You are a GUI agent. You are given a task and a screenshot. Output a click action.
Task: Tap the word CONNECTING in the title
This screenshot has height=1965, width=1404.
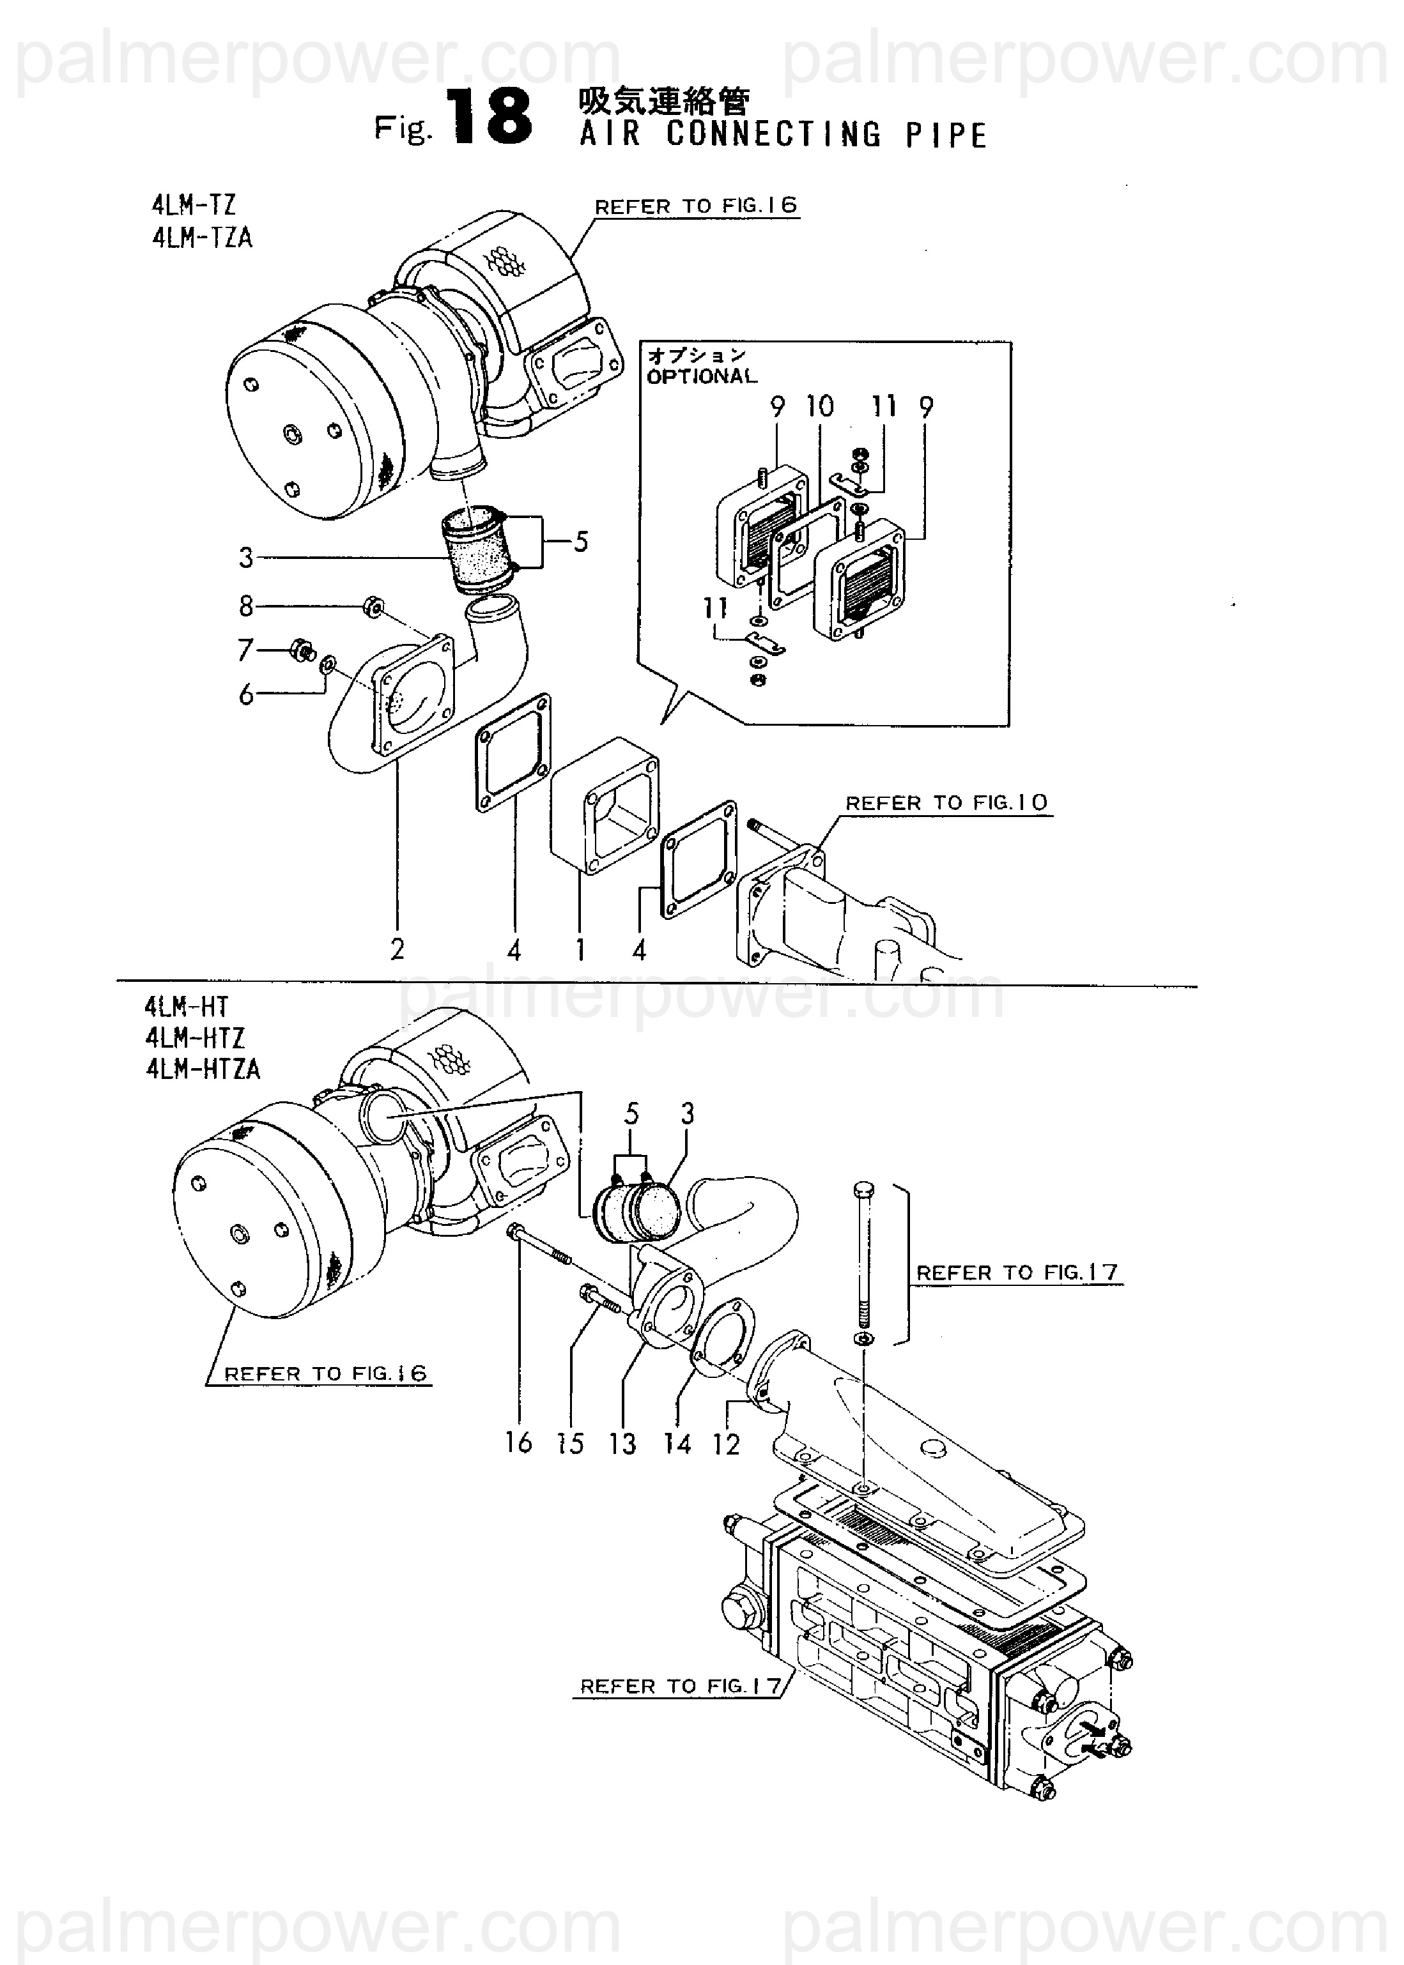tap(773, 135)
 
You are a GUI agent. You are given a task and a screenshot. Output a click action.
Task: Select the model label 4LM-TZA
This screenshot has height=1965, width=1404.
tap(203, 237)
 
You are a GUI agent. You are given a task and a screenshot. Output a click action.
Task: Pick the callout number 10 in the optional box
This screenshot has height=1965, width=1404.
tap(819, 406)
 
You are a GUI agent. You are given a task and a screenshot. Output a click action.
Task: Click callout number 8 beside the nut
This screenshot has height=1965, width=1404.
tap(247, 607)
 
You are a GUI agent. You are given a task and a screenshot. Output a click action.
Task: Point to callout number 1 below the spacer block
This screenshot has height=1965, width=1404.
tap(580, 950)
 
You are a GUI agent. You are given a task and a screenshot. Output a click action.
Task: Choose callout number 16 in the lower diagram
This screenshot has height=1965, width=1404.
tap(519, 1442)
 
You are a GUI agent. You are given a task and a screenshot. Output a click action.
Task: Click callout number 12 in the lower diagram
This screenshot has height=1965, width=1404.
tap(726, 1443)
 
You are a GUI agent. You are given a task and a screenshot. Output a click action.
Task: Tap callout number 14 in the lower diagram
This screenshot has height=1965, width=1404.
tap(678, 1443)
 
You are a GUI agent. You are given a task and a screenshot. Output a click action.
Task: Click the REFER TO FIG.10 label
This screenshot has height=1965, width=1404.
tap(946, 803)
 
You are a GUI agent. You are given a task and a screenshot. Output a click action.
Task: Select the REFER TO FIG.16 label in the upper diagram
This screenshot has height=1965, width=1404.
tap(696, 206)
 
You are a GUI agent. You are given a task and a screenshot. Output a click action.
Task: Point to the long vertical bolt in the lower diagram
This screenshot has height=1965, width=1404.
tap(865, 1262)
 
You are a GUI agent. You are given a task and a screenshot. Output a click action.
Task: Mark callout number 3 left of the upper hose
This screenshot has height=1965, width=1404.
tap(247, 557)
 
